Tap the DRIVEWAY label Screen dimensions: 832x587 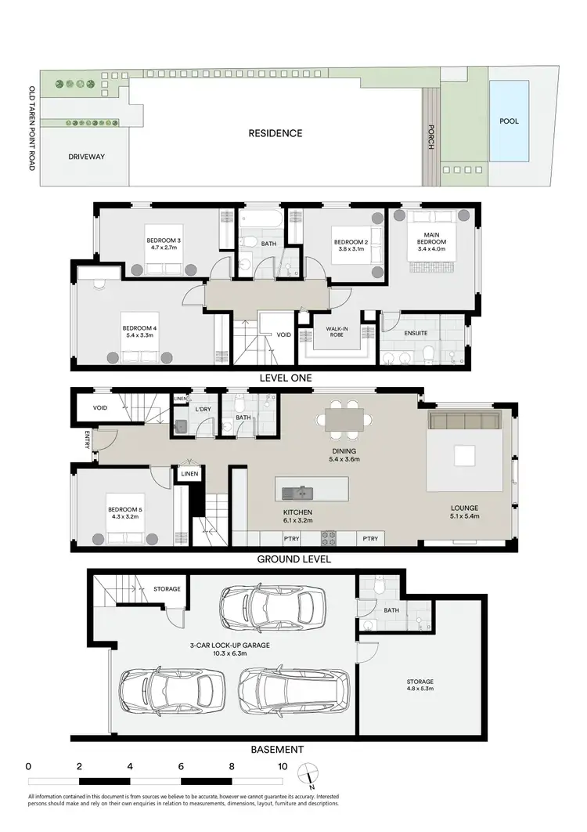[85, 157]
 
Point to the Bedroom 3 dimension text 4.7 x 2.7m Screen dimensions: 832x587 [163, 248]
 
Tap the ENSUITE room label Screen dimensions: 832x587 [416, 333]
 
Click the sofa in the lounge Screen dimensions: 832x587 [464, 421]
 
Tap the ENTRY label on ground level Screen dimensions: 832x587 [87, 442]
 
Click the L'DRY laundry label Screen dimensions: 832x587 [203, 411]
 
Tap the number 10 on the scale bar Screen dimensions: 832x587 [282, 766]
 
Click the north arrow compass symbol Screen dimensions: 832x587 [307, 780]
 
